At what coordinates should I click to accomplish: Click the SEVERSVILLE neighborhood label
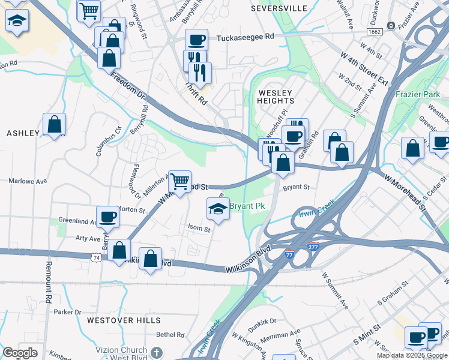279,8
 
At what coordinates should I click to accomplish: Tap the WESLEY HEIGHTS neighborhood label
275,97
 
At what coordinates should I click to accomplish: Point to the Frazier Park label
418,94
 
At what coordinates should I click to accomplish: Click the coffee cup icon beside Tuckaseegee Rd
196,40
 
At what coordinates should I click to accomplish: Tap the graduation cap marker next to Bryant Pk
218,209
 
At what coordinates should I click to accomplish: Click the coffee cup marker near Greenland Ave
108,217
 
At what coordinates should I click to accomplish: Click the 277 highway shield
313,247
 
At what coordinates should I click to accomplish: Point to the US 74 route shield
95,257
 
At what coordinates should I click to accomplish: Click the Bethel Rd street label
170,334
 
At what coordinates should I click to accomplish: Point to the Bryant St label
296,187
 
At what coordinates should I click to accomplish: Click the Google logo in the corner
20,352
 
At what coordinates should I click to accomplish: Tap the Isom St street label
199,229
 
